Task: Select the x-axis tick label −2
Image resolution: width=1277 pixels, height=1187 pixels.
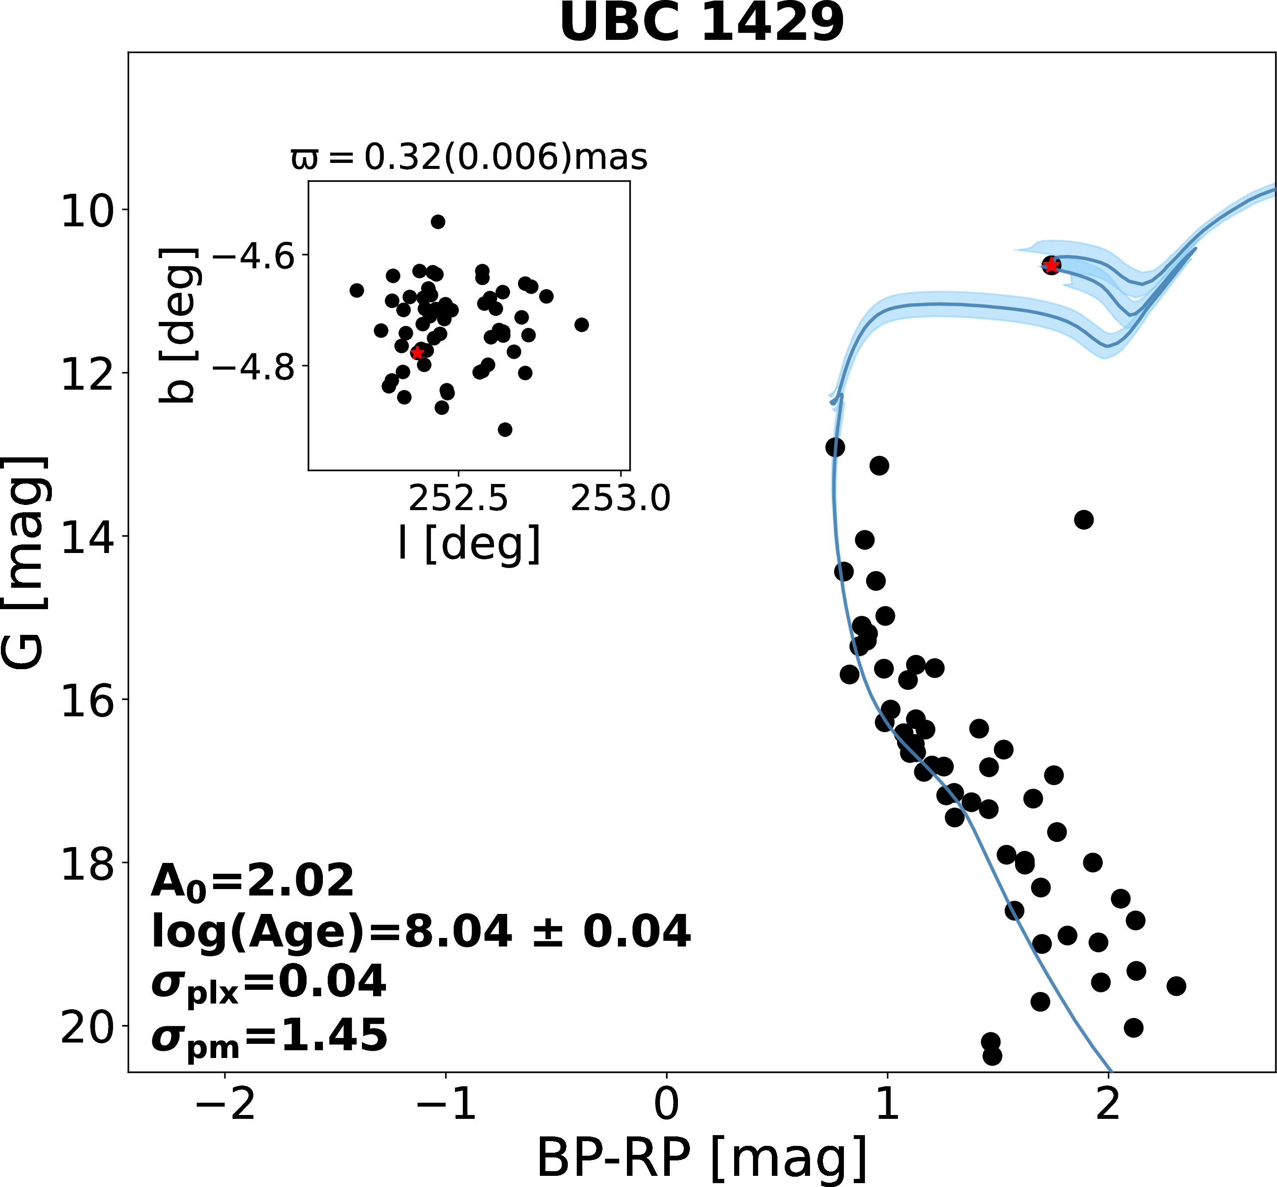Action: tap(225, 1105)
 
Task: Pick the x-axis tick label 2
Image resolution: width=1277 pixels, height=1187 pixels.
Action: tap(1108, 1105)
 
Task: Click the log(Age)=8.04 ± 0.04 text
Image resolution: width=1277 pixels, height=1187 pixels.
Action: tap(421, 932)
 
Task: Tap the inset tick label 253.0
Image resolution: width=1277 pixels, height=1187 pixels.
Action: tap(620, 499)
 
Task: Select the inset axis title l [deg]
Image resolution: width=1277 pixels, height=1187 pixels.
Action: tap(469, 544)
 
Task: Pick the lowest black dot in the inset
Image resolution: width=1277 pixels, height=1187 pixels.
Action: tap(505, 429)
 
